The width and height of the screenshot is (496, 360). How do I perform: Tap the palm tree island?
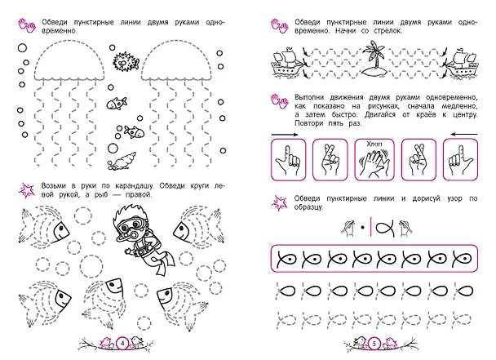click(x=375, y=60)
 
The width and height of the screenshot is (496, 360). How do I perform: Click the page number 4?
click(x=122, y=343)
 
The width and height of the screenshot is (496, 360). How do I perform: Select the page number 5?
click(x=374, y=343)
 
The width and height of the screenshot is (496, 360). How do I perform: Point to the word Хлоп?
click(x=374, y=144)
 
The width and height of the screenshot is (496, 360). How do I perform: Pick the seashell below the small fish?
click(x=122, y=161)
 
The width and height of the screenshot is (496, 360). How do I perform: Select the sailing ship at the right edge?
click(x=462, y=64)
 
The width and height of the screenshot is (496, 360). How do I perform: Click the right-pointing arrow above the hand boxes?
click(x=285, y=135)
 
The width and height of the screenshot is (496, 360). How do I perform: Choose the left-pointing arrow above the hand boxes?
click(x=464, y=135)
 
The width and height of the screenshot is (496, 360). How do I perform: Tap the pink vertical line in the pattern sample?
click(x=371, y=225)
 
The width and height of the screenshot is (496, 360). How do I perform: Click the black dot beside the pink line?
click(x=363, y=227)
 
